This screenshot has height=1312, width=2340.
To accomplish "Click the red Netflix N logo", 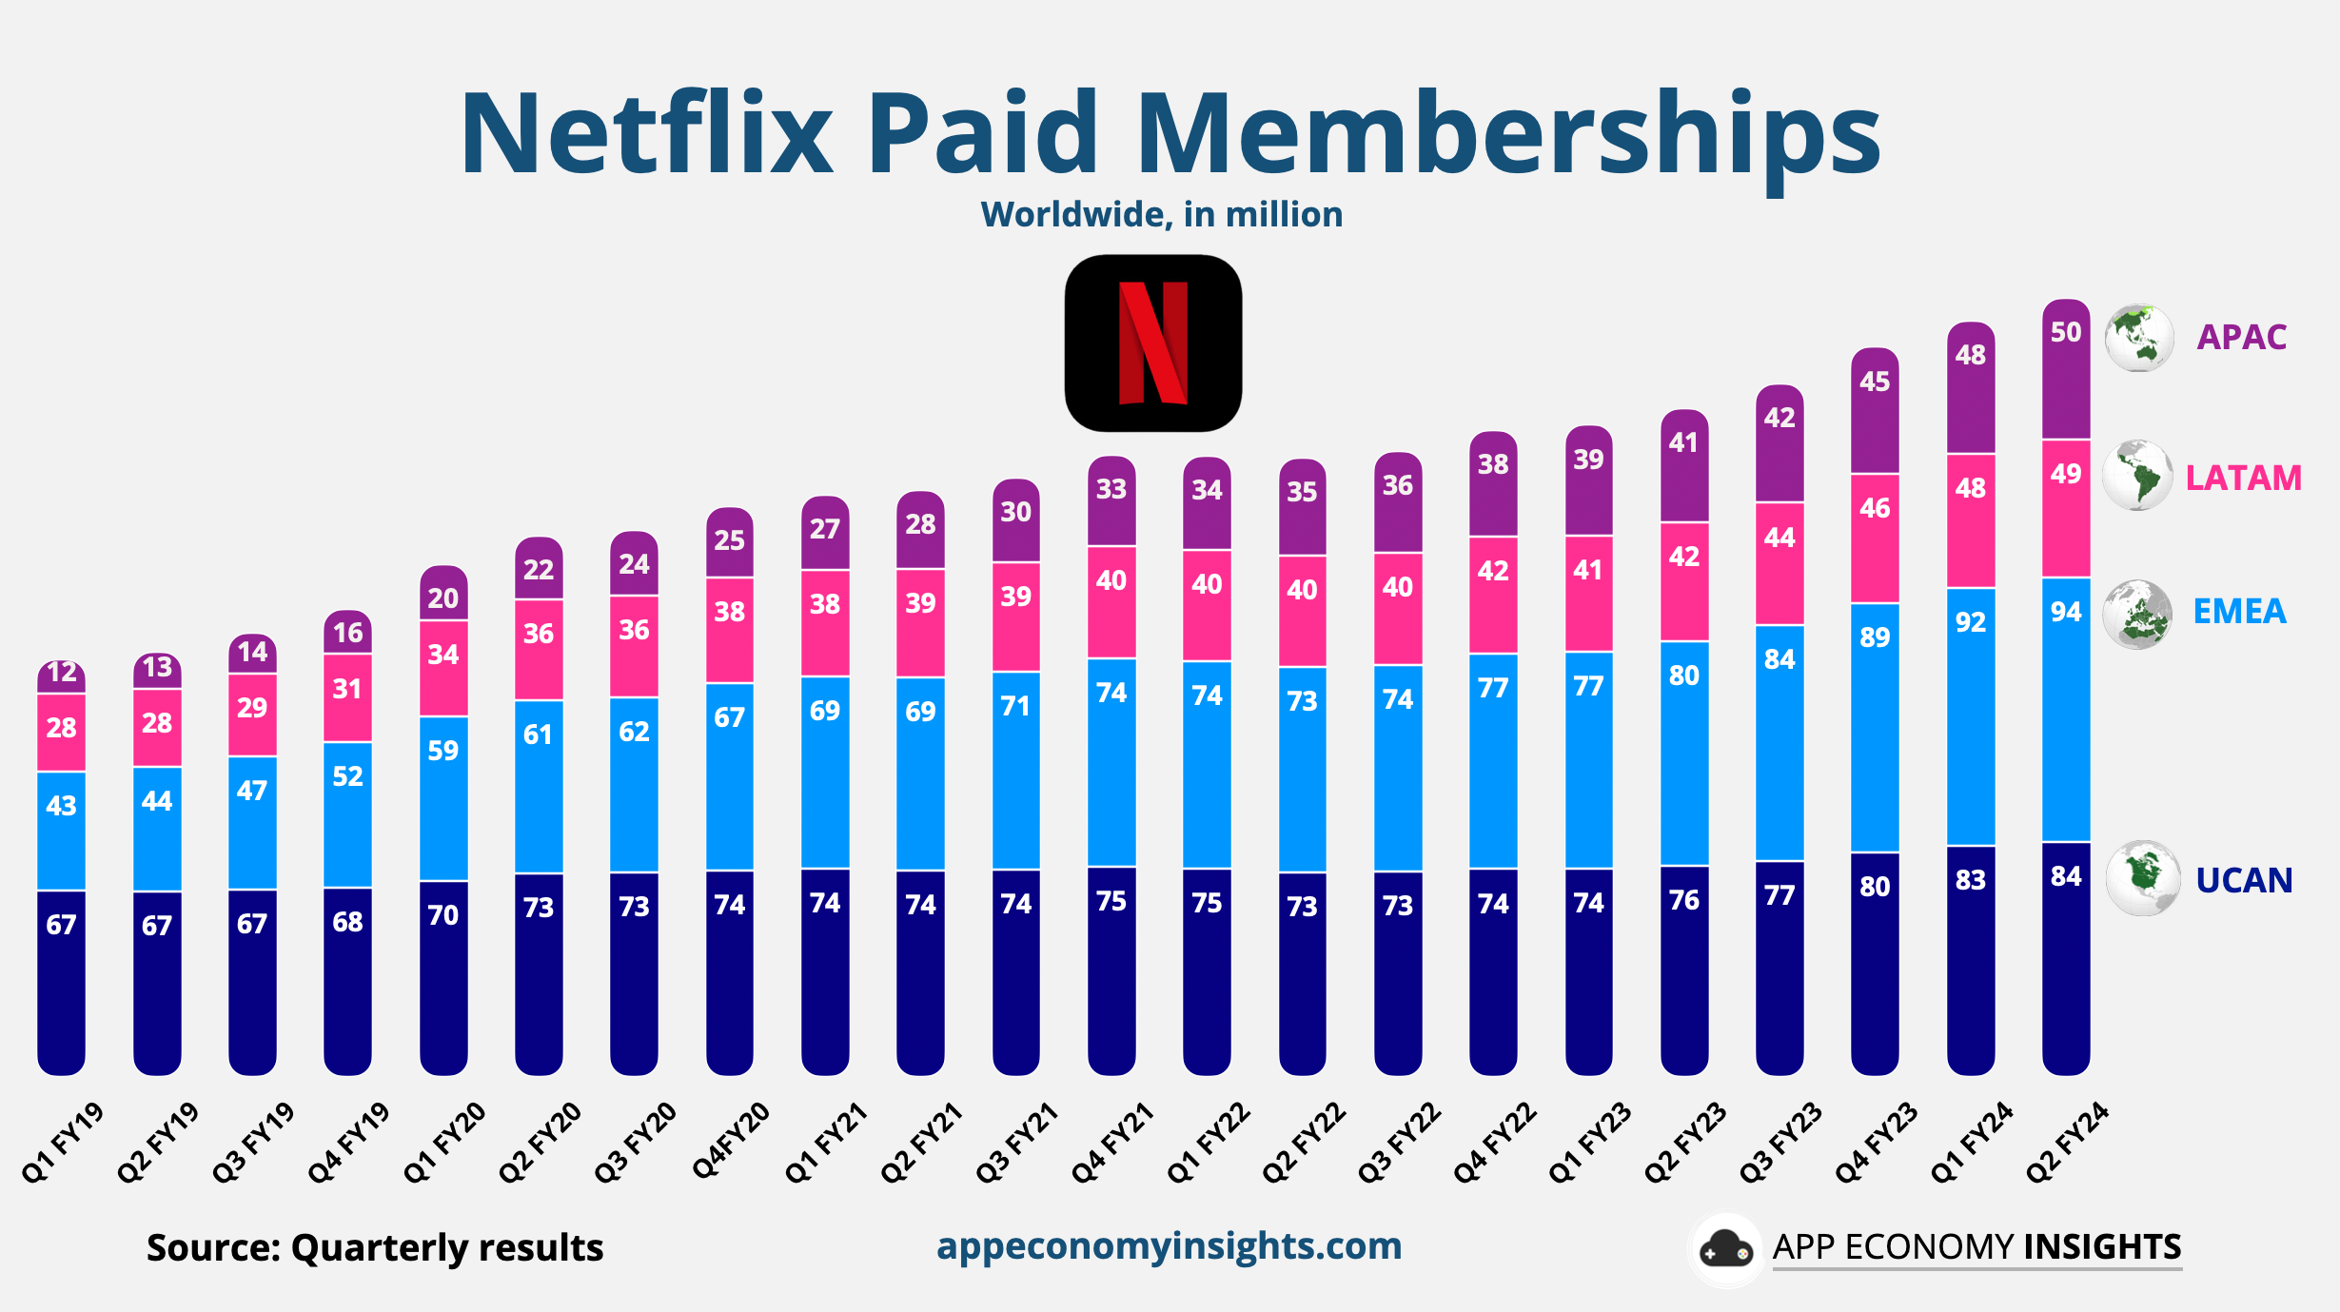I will point(1152,343).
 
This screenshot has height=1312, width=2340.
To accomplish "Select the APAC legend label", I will point(2241,337).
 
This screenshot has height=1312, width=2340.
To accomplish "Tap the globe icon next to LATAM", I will point(2137,476).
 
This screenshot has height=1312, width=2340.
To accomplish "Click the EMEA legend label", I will point(2239,611).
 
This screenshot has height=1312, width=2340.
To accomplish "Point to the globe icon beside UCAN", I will point(2142,878).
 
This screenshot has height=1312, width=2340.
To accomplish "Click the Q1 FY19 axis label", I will point(63,1143).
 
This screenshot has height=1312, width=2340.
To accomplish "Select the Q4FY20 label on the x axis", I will point(731,1141).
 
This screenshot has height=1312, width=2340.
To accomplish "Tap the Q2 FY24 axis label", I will point(2068,1143).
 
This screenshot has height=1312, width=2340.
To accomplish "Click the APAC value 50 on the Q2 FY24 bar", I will point(2066,332).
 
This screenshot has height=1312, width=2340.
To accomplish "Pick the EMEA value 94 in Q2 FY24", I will point(2066,612).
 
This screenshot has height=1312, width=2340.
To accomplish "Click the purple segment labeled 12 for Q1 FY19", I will point(62,674).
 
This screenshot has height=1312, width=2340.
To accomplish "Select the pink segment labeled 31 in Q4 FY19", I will point(347,689).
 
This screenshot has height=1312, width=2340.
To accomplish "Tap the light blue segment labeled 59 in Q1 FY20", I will point(443,751).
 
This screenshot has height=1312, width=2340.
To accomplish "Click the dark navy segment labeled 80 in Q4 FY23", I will point(1875,887).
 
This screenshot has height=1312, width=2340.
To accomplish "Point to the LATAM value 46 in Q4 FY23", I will point(1875,508).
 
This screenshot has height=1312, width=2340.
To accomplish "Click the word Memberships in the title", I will point(1507,133).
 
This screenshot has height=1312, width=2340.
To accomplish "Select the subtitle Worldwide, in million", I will point(1161,215).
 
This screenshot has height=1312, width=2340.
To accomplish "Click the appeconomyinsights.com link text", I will point(1169,1245).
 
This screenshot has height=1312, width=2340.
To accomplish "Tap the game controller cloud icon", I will point(1725,1249).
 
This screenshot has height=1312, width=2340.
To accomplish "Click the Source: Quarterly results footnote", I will point(375,1247).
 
